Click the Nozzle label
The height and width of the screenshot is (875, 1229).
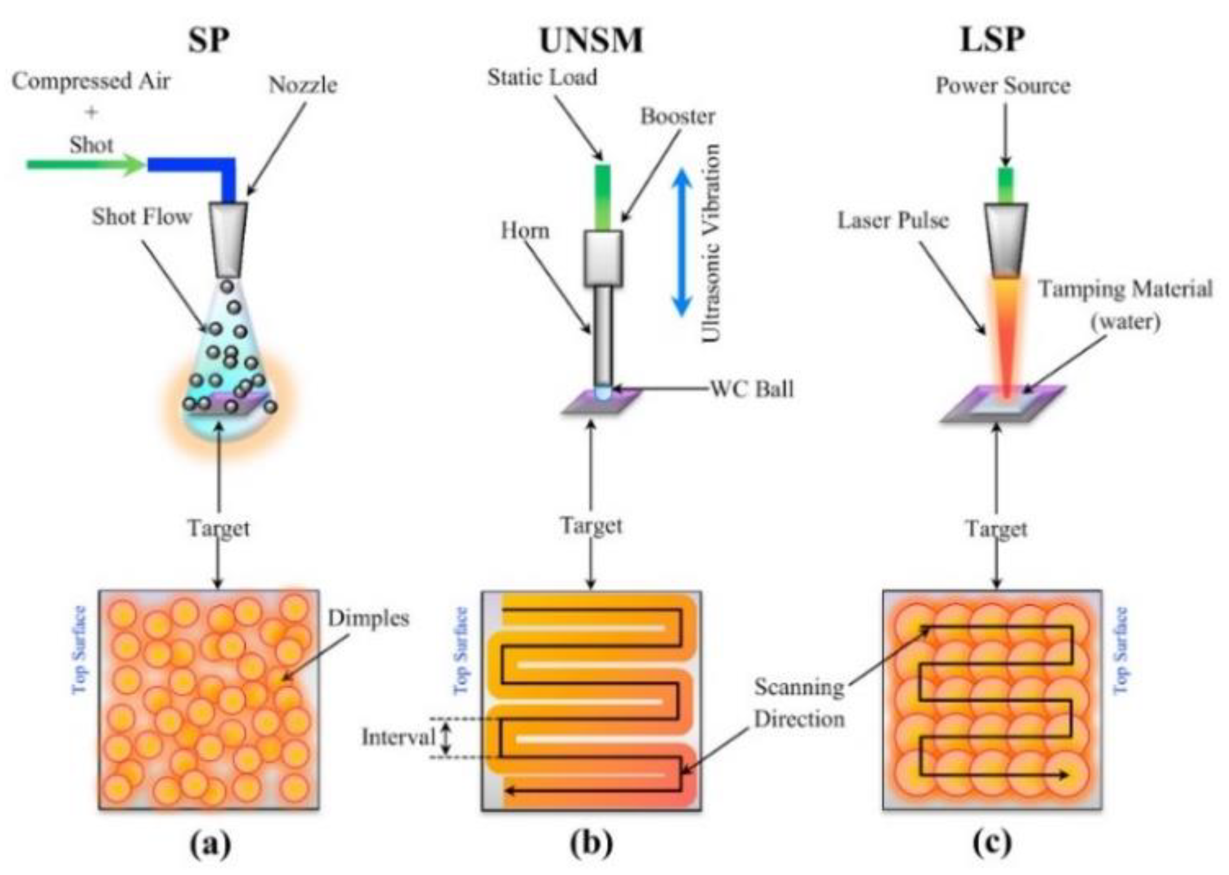303,85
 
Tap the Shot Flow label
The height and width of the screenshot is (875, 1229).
142,217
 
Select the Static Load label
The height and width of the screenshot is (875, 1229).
542,77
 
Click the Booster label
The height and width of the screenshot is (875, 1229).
677,116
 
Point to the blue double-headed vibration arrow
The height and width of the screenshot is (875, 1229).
682,242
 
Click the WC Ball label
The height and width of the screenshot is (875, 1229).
752,388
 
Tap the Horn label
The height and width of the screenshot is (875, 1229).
525,230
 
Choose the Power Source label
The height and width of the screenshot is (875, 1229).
1003,85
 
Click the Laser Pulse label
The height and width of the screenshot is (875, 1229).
893,220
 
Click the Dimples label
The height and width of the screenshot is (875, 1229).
369,618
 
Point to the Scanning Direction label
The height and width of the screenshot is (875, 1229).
799,703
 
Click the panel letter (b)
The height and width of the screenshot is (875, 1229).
592,844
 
